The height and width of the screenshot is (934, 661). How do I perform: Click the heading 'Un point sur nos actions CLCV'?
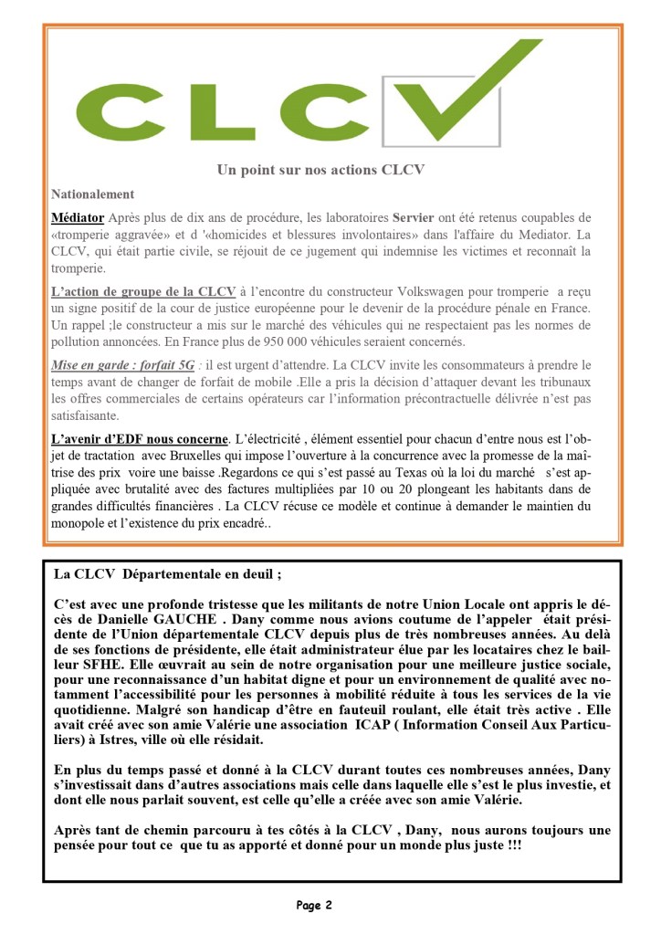pyautogui.click(x=320, y=170)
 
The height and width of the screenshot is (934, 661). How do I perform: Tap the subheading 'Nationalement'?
pyautogui.click(x=93, y=194)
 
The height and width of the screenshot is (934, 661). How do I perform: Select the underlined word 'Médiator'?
pyautogui.click(x=78, y=218)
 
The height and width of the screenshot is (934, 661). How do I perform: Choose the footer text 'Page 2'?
pyautogui.click(x=314, y=905)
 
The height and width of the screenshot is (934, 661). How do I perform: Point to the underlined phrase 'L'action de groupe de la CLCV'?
pyautogui.click(x=143, y=291)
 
